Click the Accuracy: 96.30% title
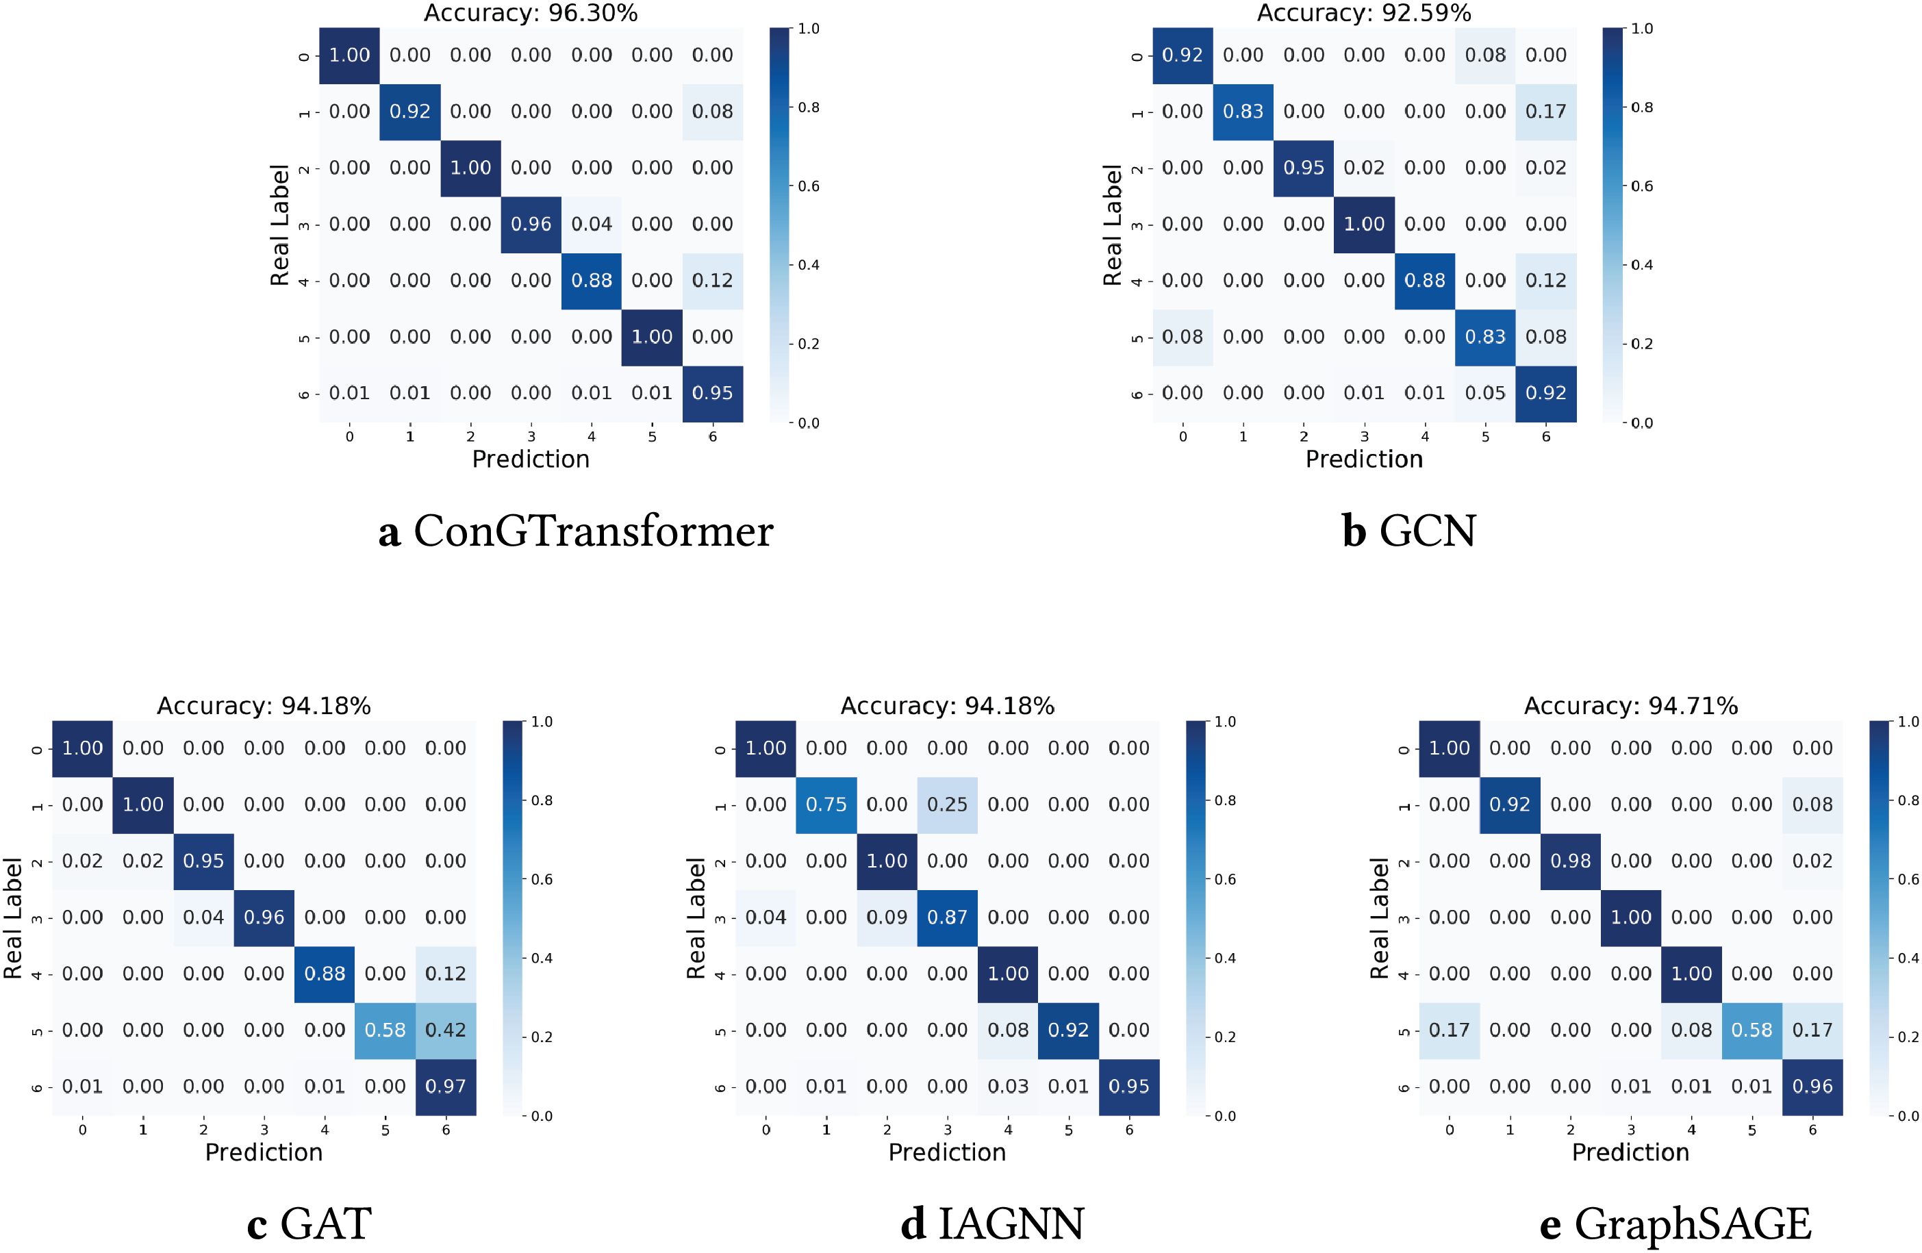click(x=531, y=13)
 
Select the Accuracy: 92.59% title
click(x=1364, y=13)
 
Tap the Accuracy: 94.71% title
click(x=1630, y=706)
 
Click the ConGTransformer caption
click(x=576, y=531)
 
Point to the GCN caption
click(x=1409, y=531)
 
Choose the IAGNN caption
click(x=992, y=1224)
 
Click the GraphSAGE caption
click(x=1676, y=1224)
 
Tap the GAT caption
click(x=309, y=1224)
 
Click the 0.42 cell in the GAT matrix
click(x=446, y=1030)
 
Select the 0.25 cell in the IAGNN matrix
click(x=947, y=805)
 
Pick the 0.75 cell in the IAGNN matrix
click(x=826, y=805)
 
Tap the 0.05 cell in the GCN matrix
click(x=1485, y=393)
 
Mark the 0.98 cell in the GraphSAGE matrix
click(x=1570, y=861)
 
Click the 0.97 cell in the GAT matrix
click(x=446, y=1087)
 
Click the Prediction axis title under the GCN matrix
click(x=1364, y=459)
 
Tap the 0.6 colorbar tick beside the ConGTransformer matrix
click(x=809, y=186)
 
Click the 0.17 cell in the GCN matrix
click(x=1545, y=112)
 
